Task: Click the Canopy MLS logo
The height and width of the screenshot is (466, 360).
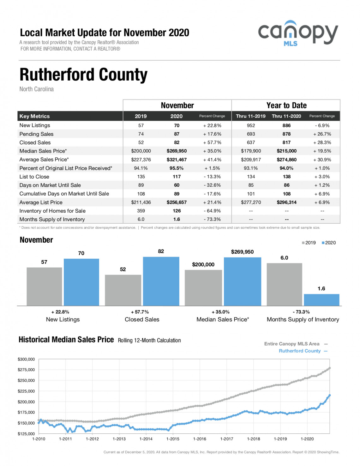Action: (298, 33)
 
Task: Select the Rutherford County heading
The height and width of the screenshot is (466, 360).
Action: (83, 75)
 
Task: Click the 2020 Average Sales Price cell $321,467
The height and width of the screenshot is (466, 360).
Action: (177, 160)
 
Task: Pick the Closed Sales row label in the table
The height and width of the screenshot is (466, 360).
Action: (35, 142)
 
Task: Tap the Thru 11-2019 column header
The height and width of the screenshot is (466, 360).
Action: (251, 116)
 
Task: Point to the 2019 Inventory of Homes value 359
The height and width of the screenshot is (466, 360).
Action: (141, 211)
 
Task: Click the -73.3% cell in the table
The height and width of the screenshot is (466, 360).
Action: (212, 219)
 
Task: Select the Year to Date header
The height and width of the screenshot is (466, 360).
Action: (286, 105)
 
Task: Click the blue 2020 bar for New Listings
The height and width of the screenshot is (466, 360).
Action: (81, 282)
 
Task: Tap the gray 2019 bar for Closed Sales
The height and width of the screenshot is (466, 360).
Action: (123, 290)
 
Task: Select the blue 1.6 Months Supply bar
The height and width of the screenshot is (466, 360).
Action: (321, 300)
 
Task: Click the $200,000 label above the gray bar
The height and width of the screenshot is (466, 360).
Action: (203, 264)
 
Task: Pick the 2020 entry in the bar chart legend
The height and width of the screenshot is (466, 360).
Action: (329, 243)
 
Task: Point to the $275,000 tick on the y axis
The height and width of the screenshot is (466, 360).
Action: (26, 370)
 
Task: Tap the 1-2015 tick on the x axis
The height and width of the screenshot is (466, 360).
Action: (173, 439)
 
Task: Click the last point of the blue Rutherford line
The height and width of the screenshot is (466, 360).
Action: (330, 395)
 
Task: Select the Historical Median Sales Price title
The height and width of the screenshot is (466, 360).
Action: (66, 340)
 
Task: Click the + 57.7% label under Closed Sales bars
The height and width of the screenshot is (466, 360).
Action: (140, 312)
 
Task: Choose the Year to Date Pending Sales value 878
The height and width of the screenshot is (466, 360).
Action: (286, 134)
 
